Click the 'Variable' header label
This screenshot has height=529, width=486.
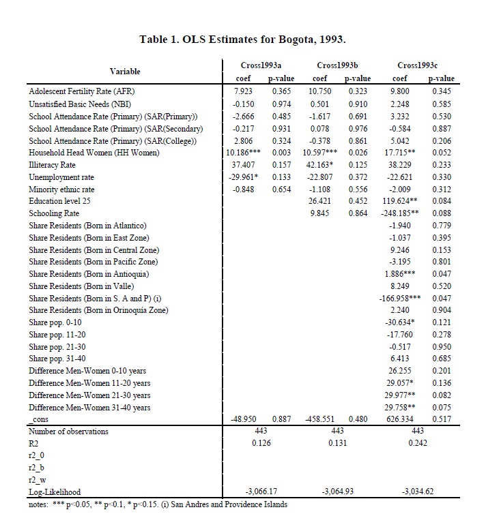125,71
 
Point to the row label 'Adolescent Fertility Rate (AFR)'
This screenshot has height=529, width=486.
86,91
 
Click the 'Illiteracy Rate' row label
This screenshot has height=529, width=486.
53,165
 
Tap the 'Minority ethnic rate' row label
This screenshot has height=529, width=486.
62,190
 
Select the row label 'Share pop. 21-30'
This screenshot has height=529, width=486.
57,346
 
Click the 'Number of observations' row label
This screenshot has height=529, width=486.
68,431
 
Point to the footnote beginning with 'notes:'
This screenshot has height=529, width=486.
158,504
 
